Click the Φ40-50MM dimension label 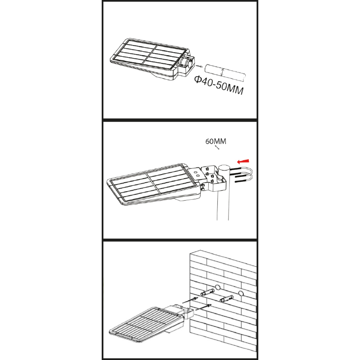219,85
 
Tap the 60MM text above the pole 216,141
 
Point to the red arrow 243,162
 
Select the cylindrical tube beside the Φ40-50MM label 225,72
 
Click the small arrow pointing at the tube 199,66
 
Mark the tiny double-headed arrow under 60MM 217,147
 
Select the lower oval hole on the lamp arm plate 197,175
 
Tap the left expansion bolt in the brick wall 207,292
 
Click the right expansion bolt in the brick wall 226,298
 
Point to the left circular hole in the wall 217,287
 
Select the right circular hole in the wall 241,293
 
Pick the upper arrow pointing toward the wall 190,300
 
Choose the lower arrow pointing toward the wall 204,307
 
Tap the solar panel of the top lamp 149,55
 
